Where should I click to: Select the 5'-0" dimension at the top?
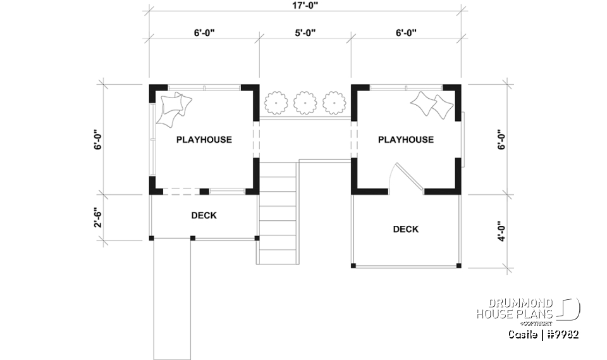(305, 33)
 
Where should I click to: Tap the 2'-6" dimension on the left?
(98, 216)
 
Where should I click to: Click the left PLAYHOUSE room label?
(204, 140)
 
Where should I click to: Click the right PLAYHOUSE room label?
(405, 140)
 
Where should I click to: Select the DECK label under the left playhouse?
(204, 216)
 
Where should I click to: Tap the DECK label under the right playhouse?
(405, 230)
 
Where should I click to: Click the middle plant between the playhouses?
(305, 102)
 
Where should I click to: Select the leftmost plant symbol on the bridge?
(276, 102)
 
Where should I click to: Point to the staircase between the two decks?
(278, 212)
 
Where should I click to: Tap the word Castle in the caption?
(523, 334)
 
